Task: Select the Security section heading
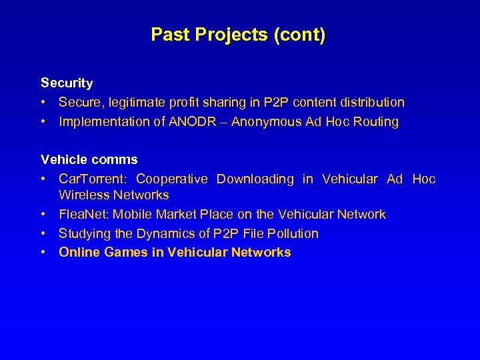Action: click(x=67, y=83)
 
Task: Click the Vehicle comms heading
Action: click(x=89, y=160)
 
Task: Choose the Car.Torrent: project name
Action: click(x=93, y=179)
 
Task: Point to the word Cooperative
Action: click(x=172, y=179)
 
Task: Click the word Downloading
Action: click(x=255, y=179)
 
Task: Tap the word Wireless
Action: click(x=83, y=195)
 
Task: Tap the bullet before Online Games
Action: click(x=43, y=253)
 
